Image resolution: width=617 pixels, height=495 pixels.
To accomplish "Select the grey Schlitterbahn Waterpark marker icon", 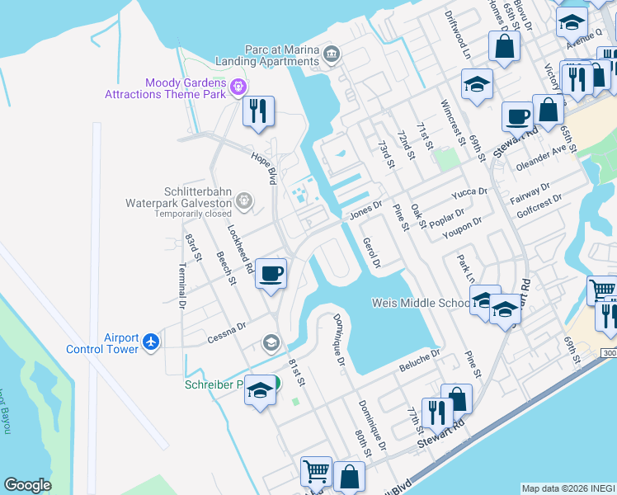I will point(243,200).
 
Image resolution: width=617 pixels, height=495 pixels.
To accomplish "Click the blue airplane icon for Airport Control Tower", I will point(150,342).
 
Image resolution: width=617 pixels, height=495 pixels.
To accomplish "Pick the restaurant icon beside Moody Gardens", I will point(258,111).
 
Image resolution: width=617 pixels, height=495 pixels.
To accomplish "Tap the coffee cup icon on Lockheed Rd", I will point(271,273).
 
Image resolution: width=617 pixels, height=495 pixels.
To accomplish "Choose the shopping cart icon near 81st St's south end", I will point(316,471).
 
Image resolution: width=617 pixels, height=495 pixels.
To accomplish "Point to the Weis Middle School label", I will point(421,303).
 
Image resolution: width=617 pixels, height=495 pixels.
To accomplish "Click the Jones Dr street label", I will point(365,211).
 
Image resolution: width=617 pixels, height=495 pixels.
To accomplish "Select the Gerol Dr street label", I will point(371,253).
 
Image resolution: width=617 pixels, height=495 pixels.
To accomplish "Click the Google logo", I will point(27,485).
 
